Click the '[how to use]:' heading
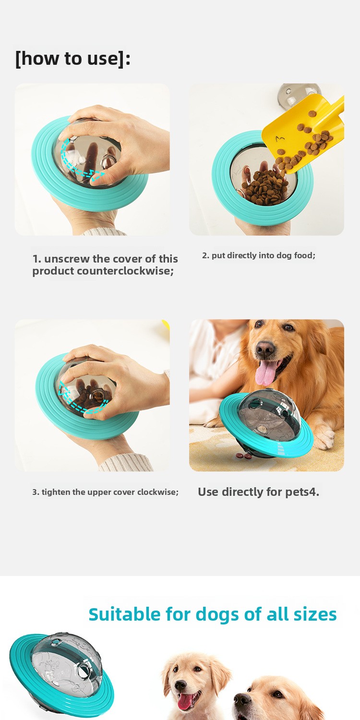73,59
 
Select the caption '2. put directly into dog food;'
259,255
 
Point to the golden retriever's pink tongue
265,373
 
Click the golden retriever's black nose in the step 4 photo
265,348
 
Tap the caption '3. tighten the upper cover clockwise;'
105,492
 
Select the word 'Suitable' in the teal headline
124,614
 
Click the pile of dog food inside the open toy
265,188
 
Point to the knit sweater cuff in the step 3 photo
125,463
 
